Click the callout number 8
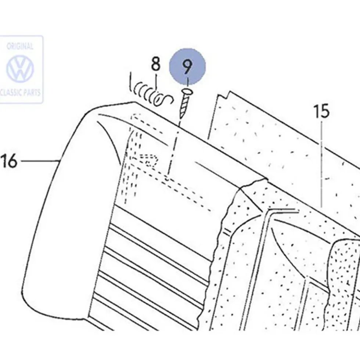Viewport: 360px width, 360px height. tap(156, 64)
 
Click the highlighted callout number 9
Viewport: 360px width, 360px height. tap(187, 66)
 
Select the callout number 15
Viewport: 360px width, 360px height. tap(321, 111)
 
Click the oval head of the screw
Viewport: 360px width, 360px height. tap(188, 92)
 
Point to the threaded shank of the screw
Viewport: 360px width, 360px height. tap(184, 107)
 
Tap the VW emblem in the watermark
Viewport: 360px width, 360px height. tap(20, 68)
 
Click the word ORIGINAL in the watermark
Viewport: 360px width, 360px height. tap(20, 46)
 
